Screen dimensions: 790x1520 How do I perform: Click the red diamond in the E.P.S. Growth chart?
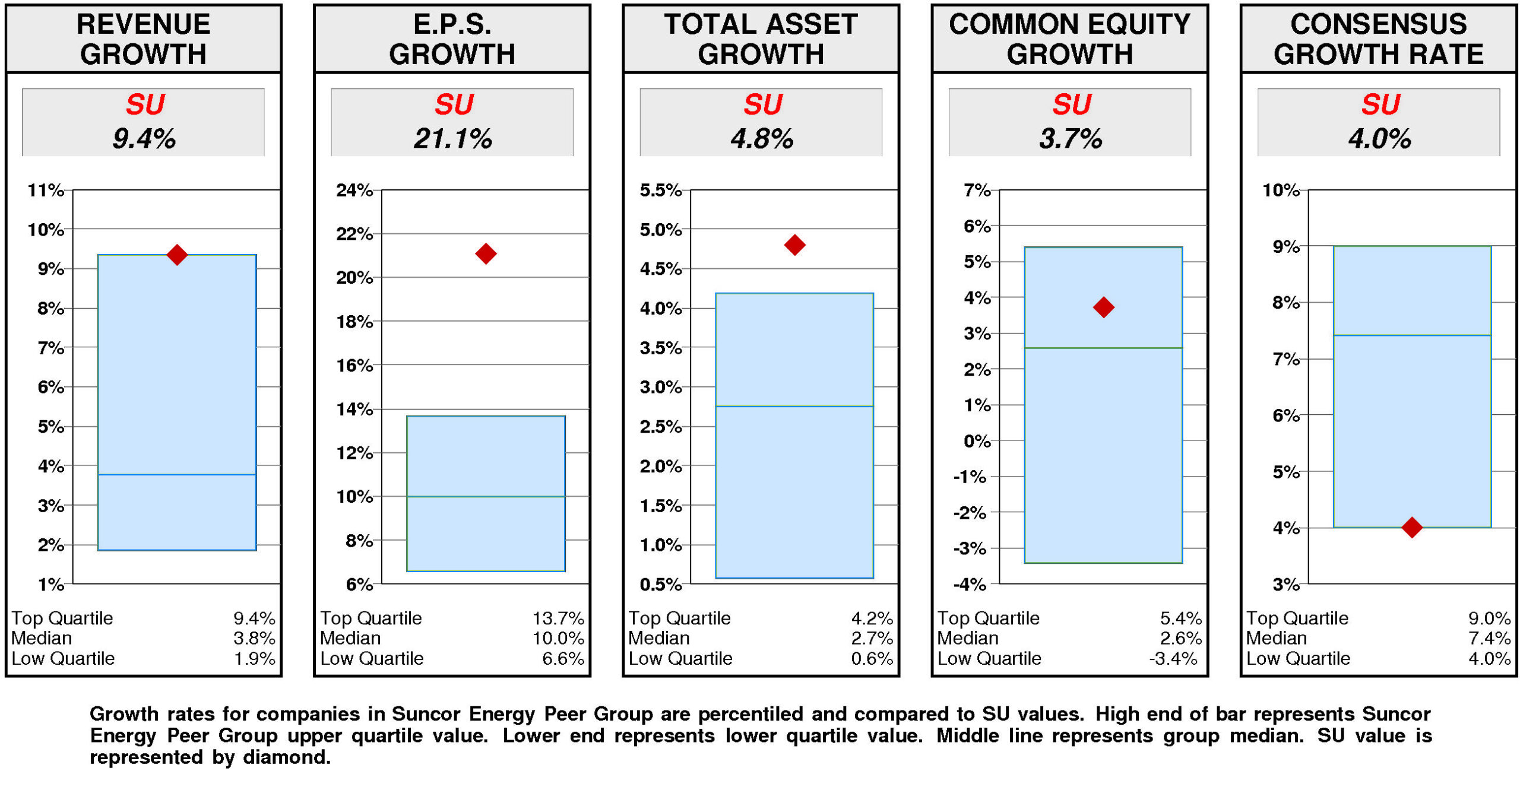pos(485,253)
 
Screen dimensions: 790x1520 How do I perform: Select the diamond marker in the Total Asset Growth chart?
pos(794,245)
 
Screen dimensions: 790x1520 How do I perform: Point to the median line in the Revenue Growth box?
pos(177,474)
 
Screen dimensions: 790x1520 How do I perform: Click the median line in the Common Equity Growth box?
pos(1103,348)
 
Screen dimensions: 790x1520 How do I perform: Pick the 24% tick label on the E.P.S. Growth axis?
pos(354,190)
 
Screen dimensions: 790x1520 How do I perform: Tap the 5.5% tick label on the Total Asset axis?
pos(660,190)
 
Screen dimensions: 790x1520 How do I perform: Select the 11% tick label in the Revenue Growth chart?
pos(46,190)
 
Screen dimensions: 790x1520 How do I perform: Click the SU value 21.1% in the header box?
pos(452,139)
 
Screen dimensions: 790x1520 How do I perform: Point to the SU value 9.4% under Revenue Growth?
pos(144,139)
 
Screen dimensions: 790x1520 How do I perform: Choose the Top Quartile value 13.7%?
pos(558,618)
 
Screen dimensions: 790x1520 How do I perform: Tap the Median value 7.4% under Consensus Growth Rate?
pos(1489,638)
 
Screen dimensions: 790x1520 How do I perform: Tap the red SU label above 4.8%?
pos(762,104)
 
